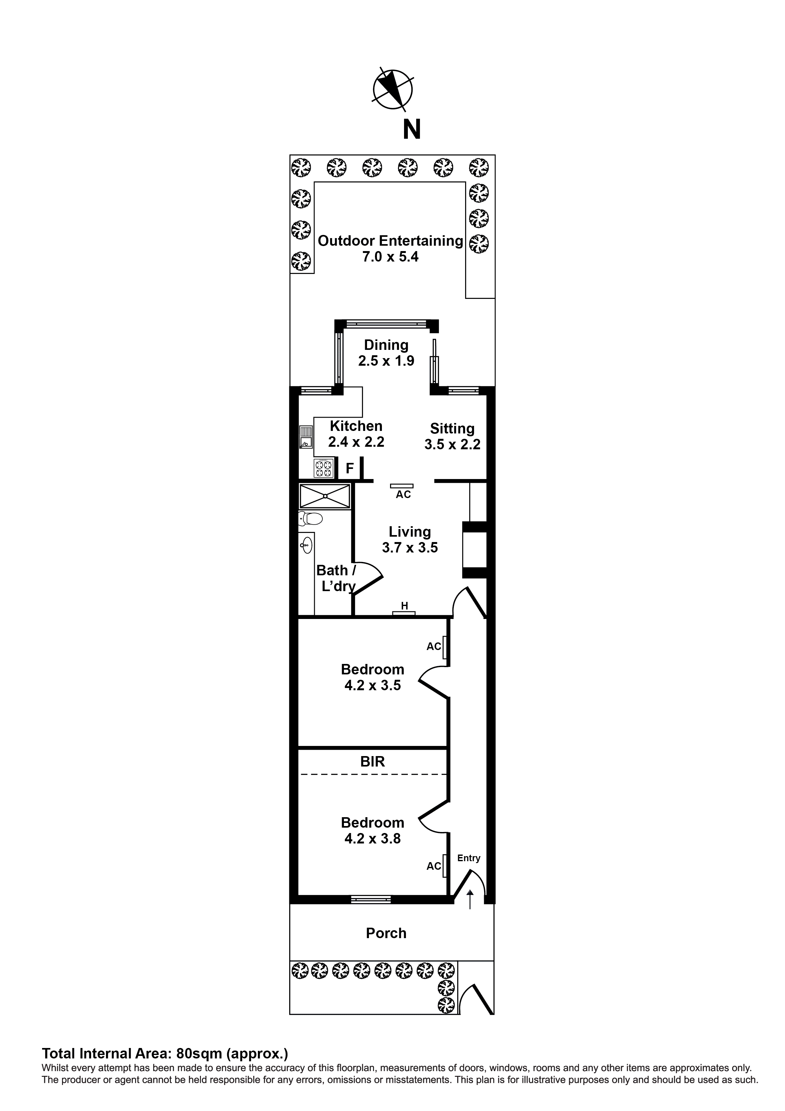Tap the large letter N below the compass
[412, 130]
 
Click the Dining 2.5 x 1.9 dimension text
[386, 361]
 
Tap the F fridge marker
[350, 468]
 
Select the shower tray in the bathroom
[325, 496]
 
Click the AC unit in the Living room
[402, 486]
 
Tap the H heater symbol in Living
[404, 613]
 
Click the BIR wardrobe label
[372, 762]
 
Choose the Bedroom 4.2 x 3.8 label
[372, 830]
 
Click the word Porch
[386, 933]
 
